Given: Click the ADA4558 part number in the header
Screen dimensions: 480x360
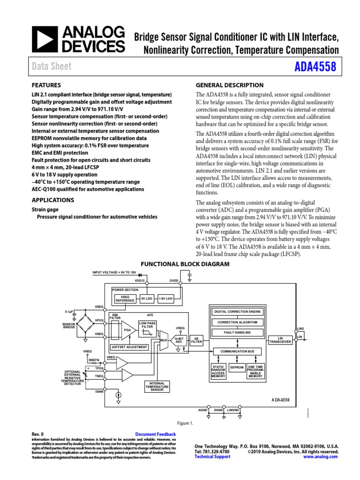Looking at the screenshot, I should [315, 67].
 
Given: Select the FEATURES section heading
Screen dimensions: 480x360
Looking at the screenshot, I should [46, 85].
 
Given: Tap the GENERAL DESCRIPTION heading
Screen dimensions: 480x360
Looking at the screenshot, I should [229, 85].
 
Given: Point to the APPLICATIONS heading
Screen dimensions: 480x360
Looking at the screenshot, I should [52, 200].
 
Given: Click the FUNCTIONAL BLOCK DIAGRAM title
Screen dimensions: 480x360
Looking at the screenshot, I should [185, 264].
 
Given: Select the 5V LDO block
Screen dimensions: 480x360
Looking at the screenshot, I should [147, 298].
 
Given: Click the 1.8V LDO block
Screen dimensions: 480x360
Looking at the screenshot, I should [165, 298].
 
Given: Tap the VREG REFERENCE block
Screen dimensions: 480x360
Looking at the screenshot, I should [125, 299].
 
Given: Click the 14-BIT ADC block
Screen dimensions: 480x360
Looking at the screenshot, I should [178, 340].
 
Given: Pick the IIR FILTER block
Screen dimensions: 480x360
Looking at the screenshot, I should [196, 340].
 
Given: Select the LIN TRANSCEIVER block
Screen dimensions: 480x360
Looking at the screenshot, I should [281, 340].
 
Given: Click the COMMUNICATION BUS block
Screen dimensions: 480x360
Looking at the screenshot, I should [237, 351].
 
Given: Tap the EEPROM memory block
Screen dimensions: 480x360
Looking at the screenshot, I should [237, 367].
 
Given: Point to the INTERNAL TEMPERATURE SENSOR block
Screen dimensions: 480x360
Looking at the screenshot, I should [157, 386].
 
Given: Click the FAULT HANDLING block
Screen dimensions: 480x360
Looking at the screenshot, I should [237, 332].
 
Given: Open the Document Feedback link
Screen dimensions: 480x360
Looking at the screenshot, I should [155, 435].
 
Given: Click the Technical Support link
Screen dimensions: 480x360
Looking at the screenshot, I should [212, 457].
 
